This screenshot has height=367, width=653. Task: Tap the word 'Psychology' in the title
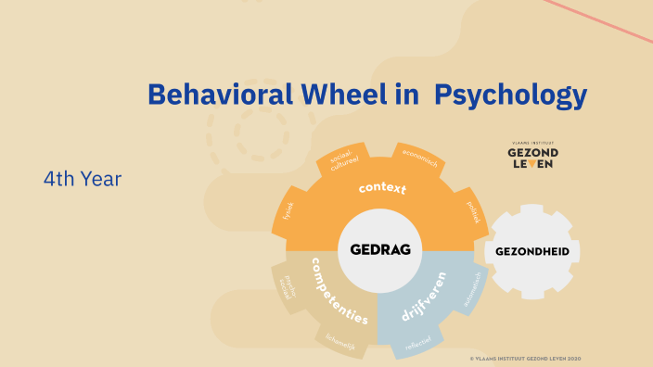point(511,95)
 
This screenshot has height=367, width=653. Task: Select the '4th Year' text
point(82,177)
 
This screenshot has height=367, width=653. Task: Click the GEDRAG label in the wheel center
point(380,249)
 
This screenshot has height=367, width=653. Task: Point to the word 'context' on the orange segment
point(383,189)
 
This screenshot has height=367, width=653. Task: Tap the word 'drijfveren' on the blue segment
point(424,296)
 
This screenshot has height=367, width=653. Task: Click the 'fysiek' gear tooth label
point(289,212)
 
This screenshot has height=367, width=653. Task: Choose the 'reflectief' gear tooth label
point(419,345)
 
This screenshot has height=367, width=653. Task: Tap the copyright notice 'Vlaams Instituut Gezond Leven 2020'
point(525,358)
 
